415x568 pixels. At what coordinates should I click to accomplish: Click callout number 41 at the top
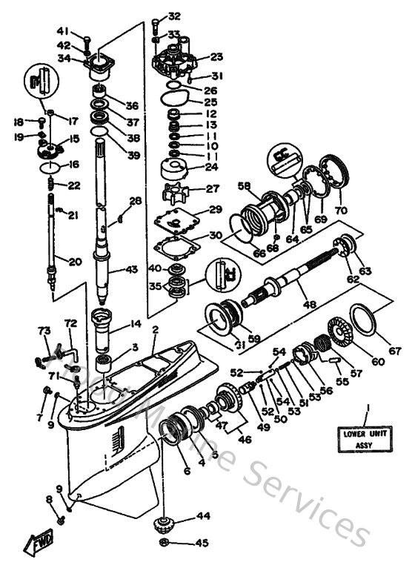[x=62, y=31]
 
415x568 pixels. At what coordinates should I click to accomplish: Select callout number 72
[x=71, y=324]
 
